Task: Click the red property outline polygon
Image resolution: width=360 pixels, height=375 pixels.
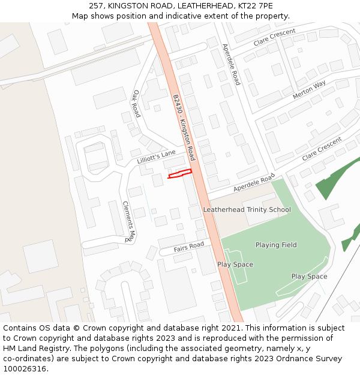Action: tap(179, 174)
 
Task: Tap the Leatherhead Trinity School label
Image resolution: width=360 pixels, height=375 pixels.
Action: tap(247, 210)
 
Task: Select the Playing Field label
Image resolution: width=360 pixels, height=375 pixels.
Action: tap(276, 245)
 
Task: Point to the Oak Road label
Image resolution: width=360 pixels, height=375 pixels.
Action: tap(136, 103)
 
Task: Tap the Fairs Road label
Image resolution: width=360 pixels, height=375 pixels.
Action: tap(189, 247)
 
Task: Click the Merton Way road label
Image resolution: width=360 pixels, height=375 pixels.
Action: tap(309, 90)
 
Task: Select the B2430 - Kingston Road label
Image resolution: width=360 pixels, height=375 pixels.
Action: tap(184, 127)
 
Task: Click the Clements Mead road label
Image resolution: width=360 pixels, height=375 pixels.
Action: tap(130, 221)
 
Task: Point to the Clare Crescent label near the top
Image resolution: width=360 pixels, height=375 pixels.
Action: tap(274, 37)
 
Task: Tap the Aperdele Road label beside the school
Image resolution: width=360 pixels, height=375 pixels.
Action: tap(254, 183)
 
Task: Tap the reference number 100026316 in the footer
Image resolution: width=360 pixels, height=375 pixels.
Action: tap(25, 369)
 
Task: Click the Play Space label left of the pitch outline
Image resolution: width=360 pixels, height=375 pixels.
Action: tap(235, 265)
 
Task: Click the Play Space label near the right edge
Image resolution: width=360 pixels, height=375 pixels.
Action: tap(309, 277)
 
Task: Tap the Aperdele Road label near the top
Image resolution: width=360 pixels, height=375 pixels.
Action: tap(231, 64)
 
